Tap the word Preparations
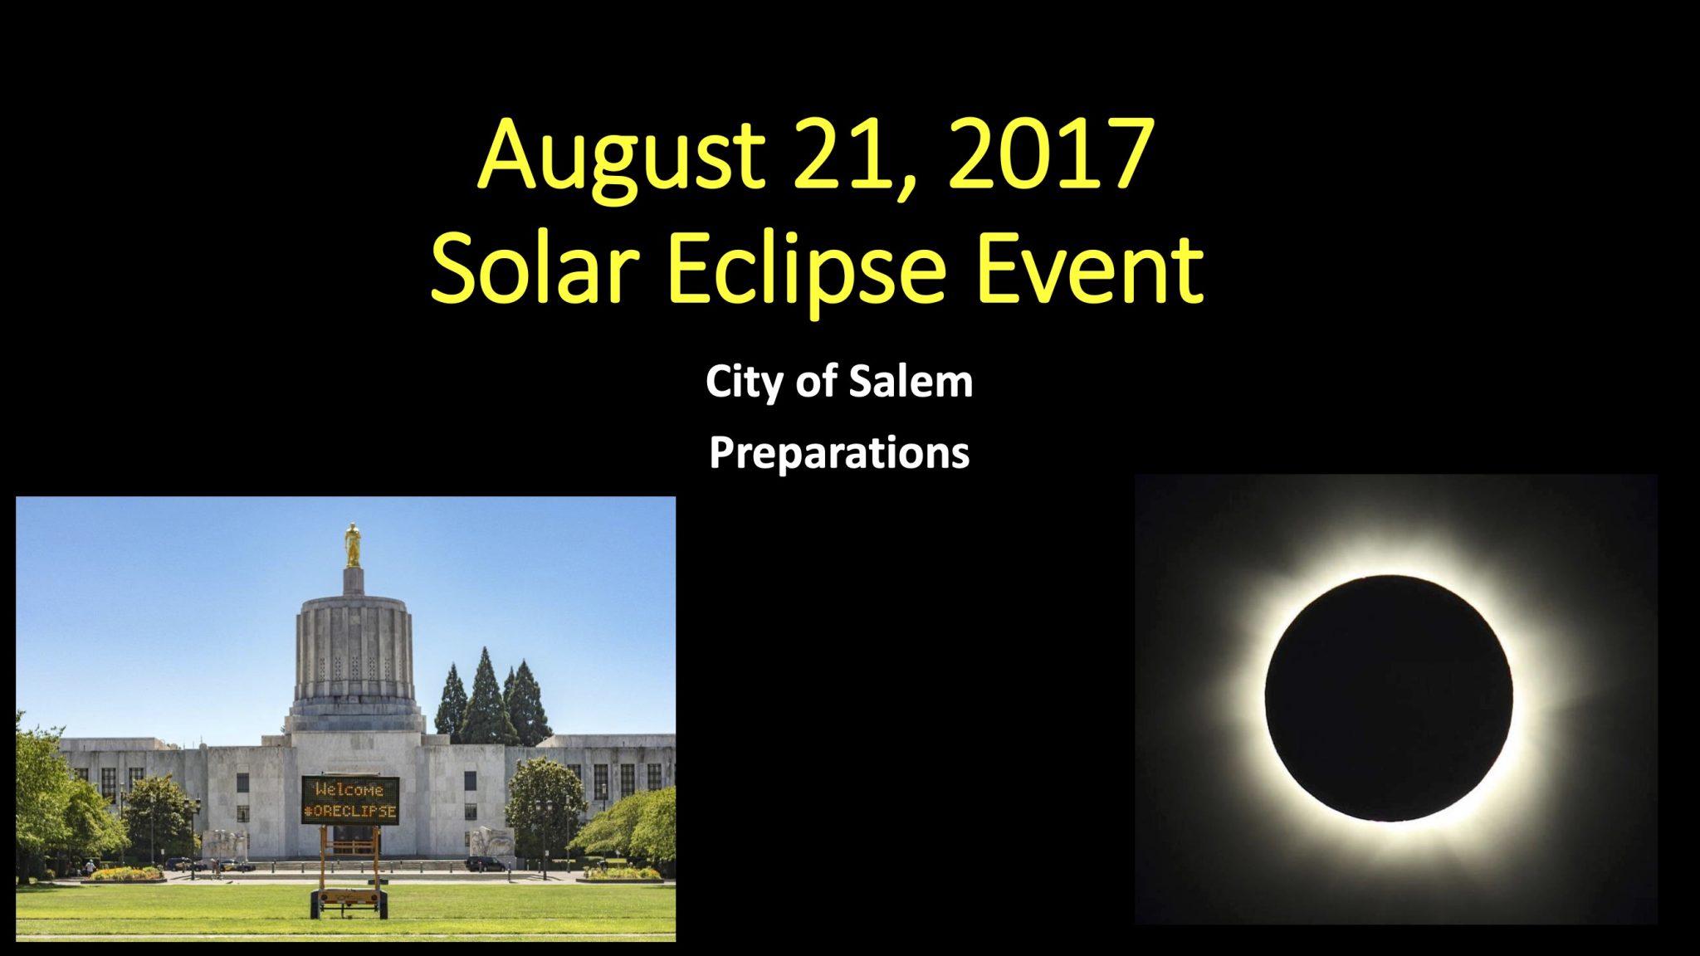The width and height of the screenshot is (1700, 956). point(839,454)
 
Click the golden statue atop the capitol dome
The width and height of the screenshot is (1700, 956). point(353,544)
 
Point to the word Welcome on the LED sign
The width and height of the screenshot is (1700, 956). point(349,789)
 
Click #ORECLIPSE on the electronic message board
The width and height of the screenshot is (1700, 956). point(350,811)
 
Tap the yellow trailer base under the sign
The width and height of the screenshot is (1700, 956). point(349,899)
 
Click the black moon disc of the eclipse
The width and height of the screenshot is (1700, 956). point(1388,698)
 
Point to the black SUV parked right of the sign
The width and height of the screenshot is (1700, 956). point(486,863)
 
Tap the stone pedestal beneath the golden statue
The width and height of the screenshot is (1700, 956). point(354,579)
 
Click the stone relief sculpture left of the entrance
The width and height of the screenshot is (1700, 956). point(225,846)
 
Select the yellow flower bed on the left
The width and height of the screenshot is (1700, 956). point(126,873)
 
